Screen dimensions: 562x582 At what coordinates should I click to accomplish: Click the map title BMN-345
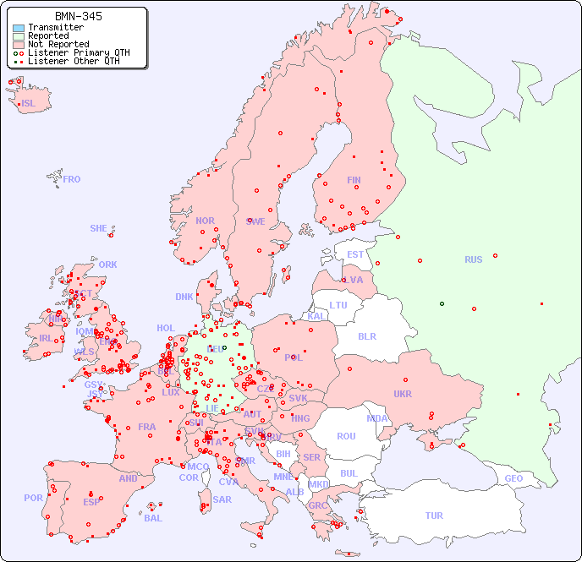point(79,16)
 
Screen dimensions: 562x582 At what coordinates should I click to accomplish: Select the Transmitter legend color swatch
point(19,28)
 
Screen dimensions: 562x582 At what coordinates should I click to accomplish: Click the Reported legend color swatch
point(19,36)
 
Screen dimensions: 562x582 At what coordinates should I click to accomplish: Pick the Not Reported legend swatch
point(19,45)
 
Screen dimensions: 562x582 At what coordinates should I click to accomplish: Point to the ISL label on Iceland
point(29,104)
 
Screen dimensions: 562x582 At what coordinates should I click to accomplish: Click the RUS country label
point(473,259)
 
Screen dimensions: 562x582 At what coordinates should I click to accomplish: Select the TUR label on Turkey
point(434,516)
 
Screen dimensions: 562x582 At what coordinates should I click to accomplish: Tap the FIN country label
point(354,180)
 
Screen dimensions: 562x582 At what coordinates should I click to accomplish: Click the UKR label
point(403,394)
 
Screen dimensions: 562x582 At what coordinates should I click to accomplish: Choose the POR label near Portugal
point(33,498)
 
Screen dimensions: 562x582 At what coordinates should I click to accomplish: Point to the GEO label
point(513,478)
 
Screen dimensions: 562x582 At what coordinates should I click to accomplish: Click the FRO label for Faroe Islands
point(72,179)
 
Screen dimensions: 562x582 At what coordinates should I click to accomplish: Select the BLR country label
point(366,336)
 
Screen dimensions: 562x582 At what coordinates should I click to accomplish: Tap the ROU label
point(346,436)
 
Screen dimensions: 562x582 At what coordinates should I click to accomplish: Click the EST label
point(355,254)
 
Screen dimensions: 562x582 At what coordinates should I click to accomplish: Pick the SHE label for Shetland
point(99,228)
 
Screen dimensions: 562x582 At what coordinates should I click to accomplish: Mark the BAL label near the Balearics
point(153,518)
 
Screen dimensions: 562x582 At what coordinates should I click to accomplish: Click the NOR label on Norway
point(205,221)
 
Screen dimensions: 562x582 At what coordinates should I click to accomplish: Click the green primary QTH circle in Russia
point(442,303)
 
